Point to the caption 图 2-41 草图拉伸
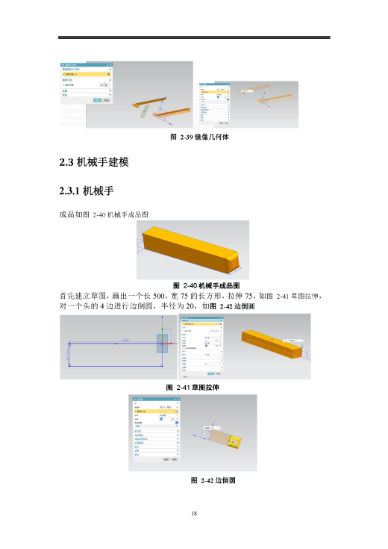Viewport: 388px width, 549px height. pos(193,386)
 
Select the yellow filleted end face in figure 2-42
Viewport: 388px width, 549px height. pos(234,442)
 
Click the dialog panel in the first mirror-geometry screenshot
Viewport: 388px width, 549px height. pos(86,84)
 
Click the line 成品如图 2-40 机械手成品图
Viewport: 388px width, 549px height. pos(104,214)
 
